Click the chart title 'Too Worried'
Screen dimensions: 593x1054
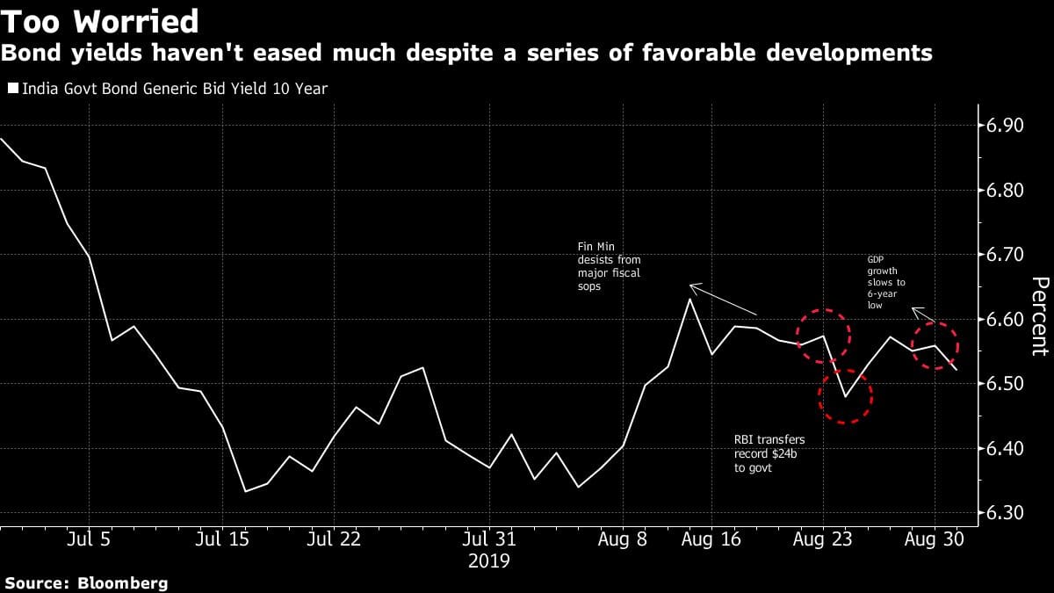click(99, 20)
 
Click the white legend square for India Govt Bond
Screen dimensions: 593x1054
click(12, 89)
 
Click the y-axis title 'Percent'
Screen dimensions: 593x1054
click(1040, 315)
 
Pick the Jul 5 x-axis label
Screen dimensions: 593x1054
click(89, 539)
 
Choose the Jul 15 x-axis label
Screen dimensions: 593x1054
click(223, 539)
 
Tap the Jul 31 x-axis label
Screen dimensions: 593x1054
click(490, 539)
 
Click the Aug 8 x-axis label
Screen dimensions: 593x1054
click(622, 539)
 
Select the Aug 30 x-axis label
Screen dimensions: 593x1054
click(935, 539)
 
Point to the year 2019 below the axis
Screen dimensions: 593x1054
click(490, 560)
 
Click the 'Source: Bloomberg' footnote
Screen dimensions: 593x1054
click(86, 582)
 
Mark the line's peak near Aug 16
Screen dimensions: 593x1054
click(689, 299)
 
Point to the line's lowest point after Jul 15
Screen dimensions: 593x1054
click(244, 491)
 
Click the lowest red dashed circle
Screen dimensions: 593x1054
click(845, 396)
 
